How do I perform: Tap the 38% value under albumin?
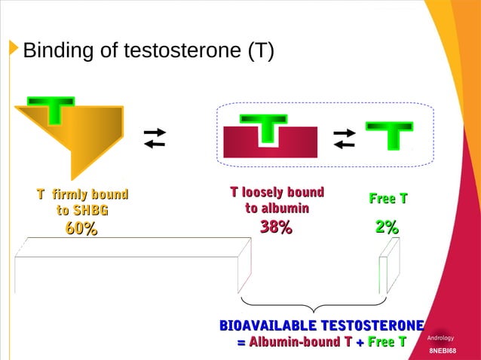pyautogui.click(x=276, y=227)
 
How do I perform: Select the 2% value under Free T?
pyautogui.click(x=388, y=227)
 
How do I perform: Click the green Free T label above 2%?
pyautogui.click(x=388, y=200)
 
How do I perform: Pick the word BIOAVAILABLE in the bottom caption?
pyautogui.click(x=268, y=325)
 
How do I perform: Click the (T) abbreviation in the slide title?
pyautogui.click(x=258, y=52)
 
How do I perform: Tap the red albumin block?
pyautogui.click(x=240, y=143)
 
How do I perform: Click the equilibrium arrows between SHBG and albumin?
pyautogui.click(x=155, y=139)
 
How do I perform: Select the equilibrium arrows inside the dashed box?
pyautogui.click(x=344, y=139)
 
